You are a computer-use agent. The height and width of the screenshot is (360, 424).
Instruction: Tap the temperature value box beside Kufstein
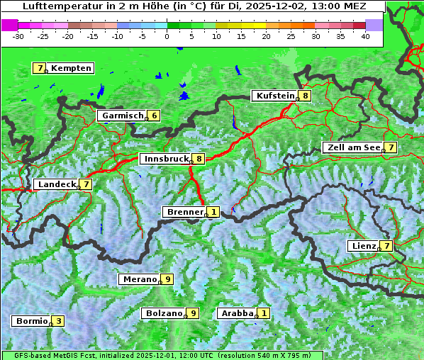[305, 96]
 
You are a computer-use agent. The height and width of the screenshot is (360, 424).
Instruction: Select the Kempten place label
[71, 68]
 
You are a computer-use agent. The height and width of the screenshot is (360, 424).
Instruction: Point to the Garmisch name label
[123, 116]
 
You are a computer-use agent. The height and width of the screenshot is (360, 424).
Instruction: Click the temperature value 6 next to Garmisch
[153, 116]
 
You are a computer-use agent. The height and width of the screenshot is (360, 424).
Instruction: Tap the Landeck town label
[56, 184]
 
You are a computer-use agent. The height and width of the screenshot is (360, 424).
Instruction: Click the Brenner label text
[184, 212]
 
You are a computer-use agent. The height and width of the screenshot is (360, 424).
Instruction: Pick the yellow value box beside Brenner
[213, 212]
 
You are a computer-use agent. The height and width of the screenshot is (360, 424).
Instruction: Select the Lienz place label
[362, 246]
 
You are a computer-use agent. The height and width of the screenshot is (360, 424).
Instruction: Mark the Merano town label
[138, 279]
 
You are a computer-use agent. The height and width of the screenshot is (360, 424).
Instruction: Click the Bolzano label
[164, 313]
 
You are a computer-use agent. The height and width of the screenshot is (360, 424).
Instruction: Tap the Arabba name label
[237, 313]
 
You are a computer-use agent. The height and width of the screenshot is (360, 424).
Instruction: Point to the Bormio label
[31, 321]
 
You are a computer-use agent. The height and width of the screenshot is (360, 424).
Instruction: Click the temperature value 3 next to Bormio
[59, 321]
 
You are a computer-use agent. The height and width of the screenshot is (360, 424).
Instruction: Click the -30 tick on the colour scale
[18, 35]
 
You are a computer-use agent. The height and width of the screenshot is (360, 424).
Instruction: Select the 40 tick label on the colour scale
[365, 35]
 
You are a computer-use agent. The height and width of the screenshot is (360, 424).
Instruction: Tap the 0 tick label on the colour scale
[167, 35]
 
